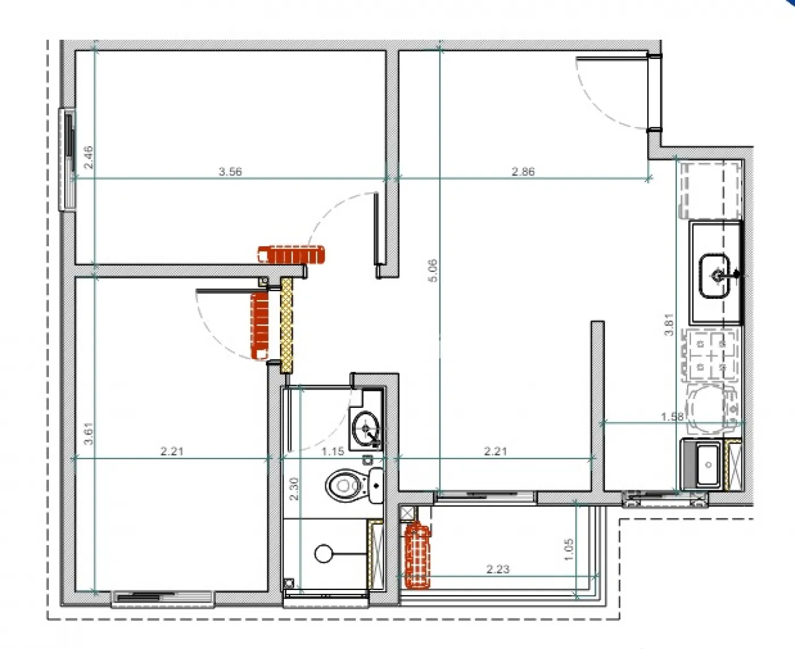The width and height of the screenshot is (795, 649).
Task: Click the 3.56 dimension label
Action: [230, 171]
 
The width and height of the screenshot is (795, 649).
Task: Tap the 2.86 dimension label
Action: [523, 171]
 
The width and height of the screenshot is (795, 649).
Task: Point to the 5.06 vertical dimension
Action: [433, 271]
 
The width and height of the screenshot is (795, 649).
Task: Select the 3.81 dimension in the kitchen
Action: [670, 324]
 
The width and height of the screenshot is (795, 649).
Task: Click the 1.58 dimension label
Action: [672, 416]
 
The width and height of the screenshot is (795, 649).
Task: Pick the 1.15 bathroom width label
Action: [333, 452]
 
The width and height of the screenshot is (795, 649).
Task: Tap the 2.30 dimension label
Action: [294, 488]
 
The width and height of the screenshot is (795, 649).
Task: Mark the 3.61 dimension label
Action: [88, 433]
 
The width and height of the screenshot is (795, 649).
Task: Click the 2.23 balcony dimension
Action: [497, 569]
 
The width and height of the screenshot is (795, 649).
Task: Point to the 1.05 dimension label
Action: [570, 549]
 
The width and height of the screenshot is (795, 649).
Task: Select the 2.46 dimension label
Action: [88, 157]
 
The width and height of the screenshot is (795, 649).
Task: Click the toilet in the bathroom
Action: [347, 486]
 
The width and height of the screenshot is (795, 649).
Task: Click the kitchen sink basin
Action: [714, 276]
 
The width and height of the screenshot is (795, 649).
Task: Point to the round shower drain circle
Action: [323, 553]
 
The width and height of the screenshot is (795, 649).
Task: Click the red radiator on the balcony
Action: [417, 557]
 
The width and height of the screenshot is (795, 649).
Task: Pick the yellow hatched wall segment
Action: [287, 324]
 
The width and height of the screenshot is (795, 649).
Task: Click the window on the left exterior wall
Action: [68, 159]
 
